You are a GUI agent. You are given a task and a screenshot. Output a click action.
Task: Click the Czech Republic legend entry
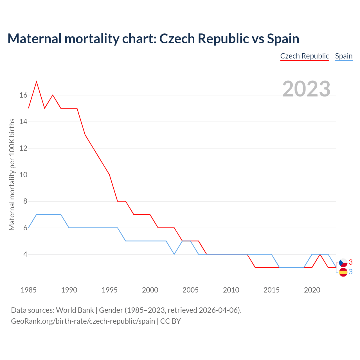(305, 56)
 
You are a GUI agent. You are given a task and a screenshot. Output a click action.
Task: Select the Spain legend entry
(344, 56)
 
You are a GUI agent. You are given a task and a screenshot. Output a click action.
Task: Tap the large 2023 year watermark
(306, 89)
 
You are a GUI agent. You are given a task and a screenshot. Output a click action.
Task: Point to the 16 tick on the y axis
(23, 95)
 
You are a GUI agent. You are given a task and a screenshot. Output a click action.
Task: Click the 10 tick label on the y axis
(23, 175)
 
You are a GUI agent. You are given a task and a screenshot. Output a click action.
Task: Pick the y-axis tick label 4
(25, 254)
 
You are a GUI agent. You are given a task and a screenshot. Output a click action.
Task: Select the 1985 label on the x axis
(29, 290)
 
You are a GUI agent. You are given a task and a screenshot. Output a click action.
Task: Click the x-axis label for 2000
(150, 290)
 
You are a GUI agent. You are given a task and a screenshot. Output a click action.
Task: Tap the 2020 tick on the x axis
(312, 290)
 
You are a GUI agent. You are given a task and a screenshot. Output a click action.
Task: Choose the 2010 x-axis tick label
(231, 290)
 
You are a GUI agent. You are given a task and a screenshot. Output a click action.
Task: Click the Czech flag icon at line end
(343, 263)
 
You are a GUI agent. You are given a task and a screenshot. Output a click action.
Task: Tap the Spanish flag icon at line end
(343, 272)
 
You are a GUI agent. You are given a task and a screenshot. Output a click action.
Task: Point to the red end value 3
(351, 262)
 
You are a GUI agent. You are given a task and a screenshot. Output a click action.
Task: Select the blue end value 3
(351, 272)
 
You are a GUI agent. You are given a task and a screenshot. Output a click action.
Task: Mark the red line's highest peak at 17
(37, 82)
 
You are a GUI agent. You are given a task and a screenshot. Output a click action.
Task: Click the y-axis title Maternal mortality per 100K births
(12, 174)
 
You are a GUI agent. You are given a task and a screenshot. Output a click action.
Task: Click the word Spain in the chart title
(283, 39)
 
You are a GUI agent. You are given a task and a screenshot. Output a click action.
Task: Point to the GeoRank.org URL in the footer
(83, 321)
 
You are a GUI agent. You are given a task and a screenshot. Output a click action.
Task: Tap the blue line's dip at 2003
(174, 254)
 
